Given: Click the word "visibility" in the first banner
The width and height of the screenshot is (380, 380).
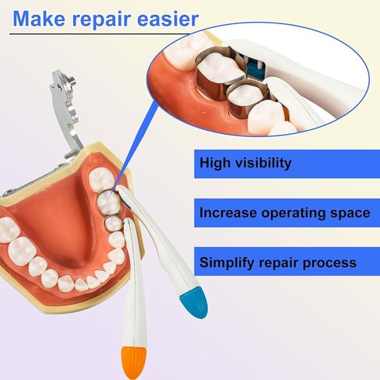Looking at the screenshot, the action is tap(263, 164).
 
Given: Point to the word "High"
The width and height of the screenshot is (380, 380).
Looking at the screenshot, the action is tap(215, 164).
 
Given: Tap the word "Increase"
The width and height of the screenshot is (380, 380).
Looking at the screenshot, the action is tap(228, 213).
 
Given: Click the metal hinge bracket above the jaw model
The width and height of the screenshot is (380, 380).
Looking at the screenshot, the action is tap(65, 111).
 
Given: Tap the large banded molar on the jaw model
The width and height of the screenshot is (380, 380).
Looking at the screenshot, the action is tap(108, 203).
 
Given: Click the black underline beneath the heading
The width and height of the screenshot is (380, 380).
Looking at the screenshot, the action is tap(100, 34).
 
